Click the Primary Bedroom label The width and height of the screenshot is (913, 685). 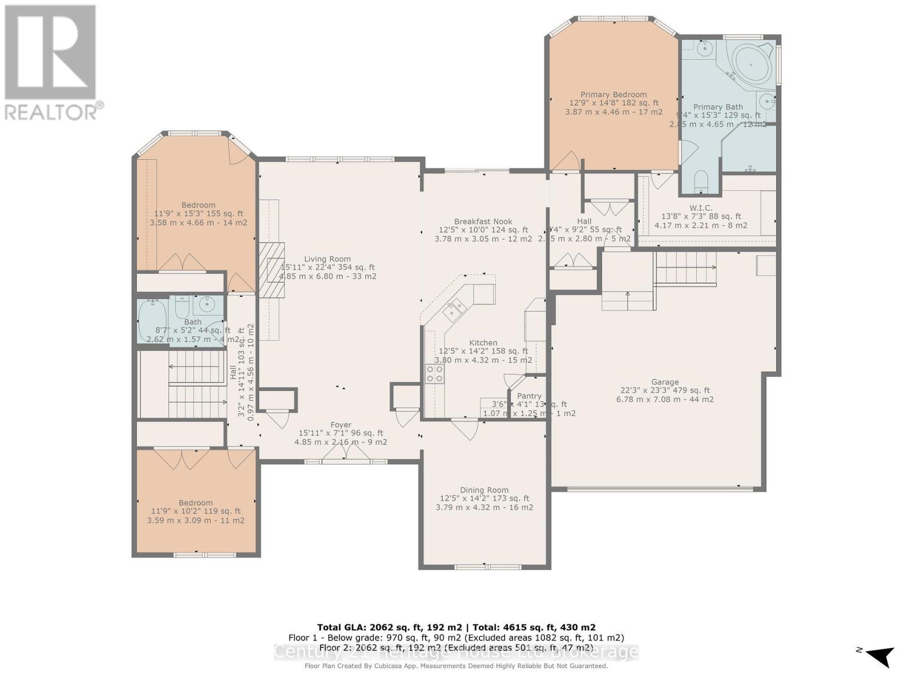point(613,95)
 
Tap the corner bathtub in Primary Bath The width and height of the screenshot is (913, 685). point(752,66)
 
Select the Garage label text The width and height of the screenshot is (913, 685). point(665,382)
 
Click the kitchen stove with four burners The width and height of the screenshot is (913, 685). point(435,373)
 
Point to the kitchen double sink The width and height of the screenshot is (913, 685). point(454,311)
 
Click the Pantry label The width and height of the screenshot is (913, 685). point(529,396)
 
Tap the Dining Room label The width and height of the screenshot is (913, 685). point(484,490)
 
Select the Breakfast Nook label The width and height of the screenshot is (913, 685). point(483,221)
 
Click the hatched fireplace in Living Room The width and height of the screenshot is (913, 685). point(272,270)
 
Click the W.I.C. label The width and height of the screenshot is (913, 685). point(701,208)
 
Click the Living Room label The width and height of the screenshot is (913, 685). point(327,259)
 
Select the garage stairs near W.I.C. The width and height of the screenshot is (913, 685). point(685,268)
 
